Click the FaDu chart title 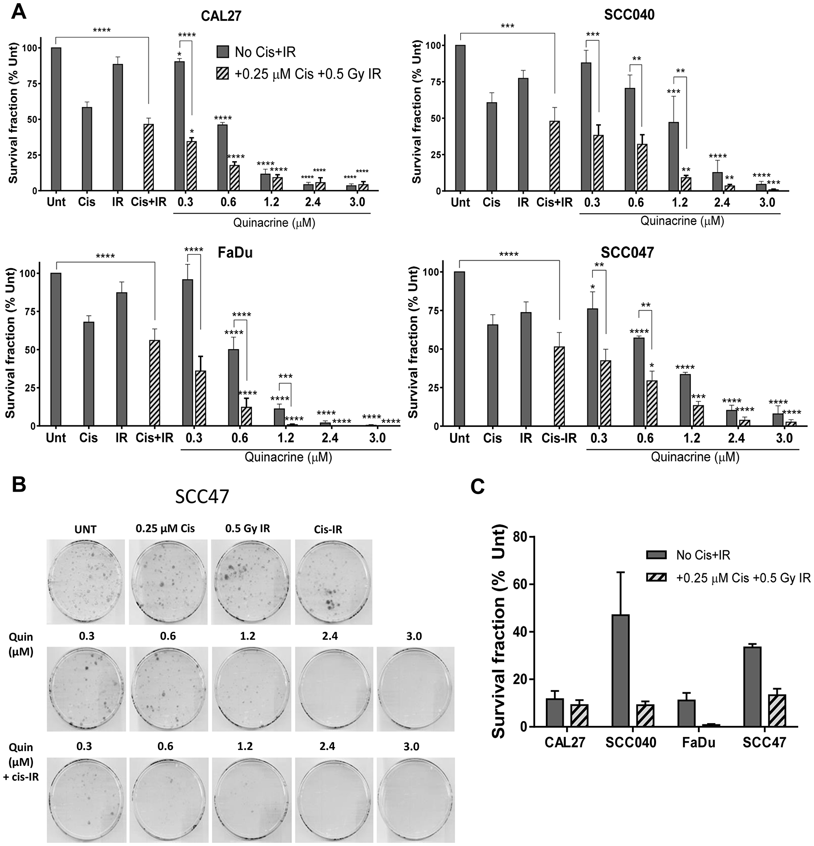click(x=235, y=253)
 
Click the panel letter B click(x=19, y=485)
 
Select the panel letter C click(x=477, y=486)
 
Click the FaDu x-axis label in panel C click(x=698, y=743)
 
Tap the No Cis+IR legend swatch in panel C click(x=656, y=555)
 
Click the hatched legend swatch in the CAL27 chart click(x=223, y=74)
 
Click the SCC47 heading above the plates click(x=202, y=497)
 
